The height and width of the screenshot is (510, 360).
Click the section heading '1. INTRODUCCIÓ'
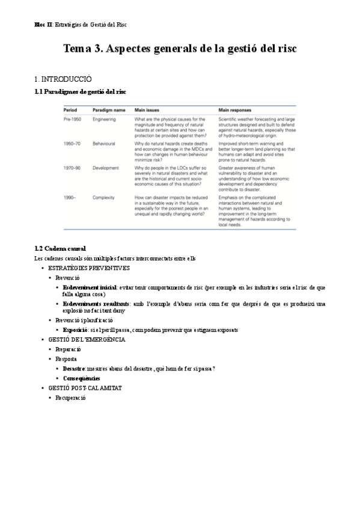pyautogui.click(x=63, y=79)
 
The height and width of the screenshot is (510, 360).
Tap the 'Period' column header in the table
pyautogui.click(x=72, y=111)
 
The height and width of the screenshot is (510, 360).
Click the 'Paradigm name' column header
pyautogui.click(x=109, y=111)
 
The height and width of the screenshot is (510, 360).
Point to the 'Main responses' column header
pyautogui.click(x=235, y=111)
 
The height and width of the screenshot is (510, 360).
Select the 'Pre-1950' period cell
pyautogui.click(x=73, y=120)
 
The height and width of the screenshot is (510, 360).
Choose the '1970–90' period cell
pyautogui.click(x=72, y=168)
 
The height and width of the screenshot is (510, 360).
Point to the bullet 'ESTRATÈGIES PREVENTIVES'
pyautogui.click(x=88, y=268)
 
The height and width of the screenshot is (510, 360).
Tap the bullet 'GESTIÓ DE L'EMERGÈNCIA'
pyautogui.click(x=87, y=340)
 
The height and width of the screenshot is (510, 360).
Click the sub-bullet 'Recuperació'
pyautogui.click(x=71, y=398)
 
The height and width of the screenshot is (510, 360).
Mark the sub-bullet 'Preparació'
pyautogui.click(x=69, y=349)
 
